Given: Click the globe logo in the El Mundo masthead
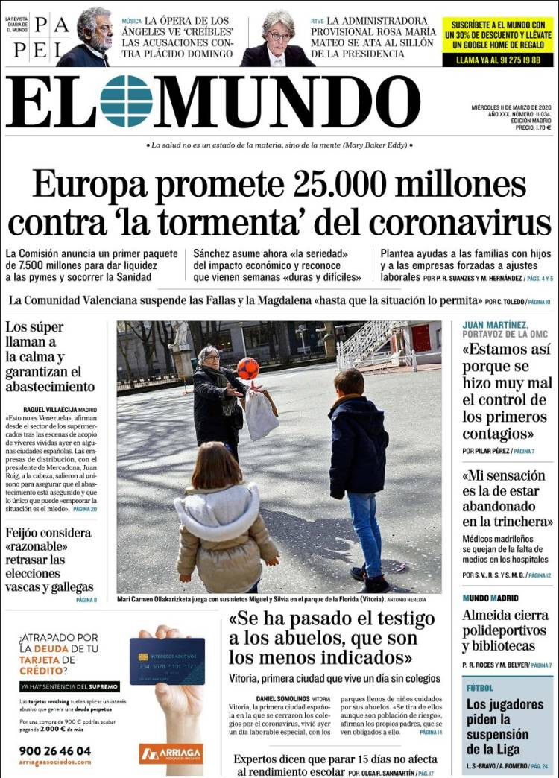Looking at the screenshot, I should [126, 101].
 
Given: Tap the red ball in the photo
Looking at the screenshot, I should [248, 367].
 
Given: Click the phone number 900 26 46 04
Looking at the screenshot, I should [55, 750].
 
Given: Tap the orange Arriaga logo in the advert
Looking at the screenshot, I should [171, 754].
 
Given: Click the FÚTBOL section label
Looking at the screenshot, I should [480, 688].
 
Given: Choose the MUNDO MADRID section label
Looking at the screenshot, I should [490, 598].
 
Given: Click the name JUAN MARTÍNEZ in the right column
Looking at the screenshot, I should [495, 325].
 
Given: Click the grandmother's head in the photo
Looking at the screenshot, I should [209, 356].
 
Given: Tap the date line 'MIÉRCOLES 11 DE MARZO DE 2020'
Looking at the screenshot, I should [511, 107].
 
